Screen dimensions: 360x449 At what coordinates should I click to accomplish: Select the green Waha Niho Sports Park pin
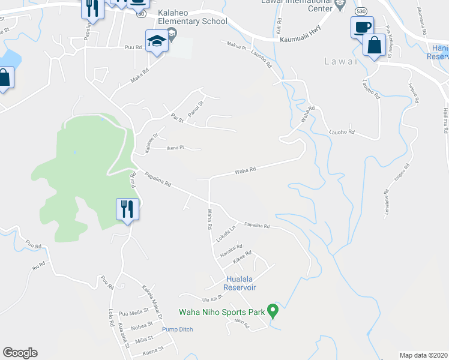coord(273,311)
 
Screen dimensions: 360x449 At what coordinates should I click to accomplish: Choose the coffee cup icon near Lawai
coord(362,27)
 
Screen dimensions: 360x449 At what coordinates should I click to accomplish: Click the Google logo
coord(20,353)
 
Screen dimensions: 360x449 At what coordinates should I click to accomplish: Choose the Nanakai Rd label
coord(231,247)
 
